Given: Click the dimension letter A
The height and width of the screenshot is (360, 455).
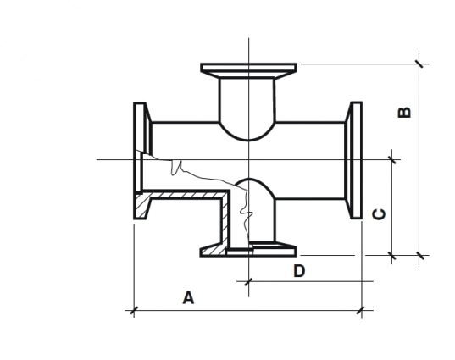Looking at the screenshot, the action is coord(188,297).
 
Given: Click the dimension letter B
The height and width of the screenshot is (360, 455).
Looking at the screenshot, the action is coord(404,113).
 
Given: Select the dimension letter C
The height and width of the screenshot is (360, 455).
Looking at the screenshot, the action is coord(379,214).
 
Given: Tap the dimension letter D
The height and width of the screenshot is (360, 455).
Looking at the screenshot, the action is coord(299,271).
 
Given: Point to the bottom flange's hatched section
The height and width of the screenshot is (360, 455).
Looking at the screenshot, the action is coord(213,250).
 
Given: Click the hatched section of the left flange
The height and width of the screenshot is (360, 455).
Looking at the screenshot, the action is coord(142,206).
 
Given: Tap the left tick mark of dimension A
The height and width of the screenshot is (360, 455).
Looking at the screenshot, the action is coord(134,310).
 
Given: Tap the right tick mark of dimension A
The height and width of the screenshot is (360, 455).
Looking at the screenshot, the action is coord(361,310).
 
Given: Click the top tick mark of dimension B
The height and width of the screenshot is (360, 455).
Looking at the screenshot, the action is coord(419,64).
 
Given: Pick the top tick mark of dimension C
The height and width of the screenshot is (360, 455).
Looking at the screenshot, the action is coord(392,159).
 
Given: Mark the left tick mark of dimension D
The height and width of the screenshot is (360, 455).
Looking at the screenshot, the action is coord(248,281).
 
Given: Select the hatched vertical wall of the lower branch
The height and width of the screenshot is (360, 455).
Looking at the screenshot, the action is coord(225,220).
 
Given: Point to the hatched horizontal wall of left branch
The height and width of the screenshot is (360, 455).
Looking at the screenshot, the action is coord(186,195).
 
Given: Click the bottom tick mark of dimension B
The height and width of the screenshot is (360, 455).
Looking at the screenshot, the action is coord(420,256).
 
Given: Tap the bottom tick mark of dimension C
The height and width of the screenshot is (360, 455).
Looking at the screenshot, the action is coord(392,256).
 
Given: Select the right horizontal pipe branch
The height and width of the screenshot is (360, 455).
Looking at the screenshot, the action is coord(310,160).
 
